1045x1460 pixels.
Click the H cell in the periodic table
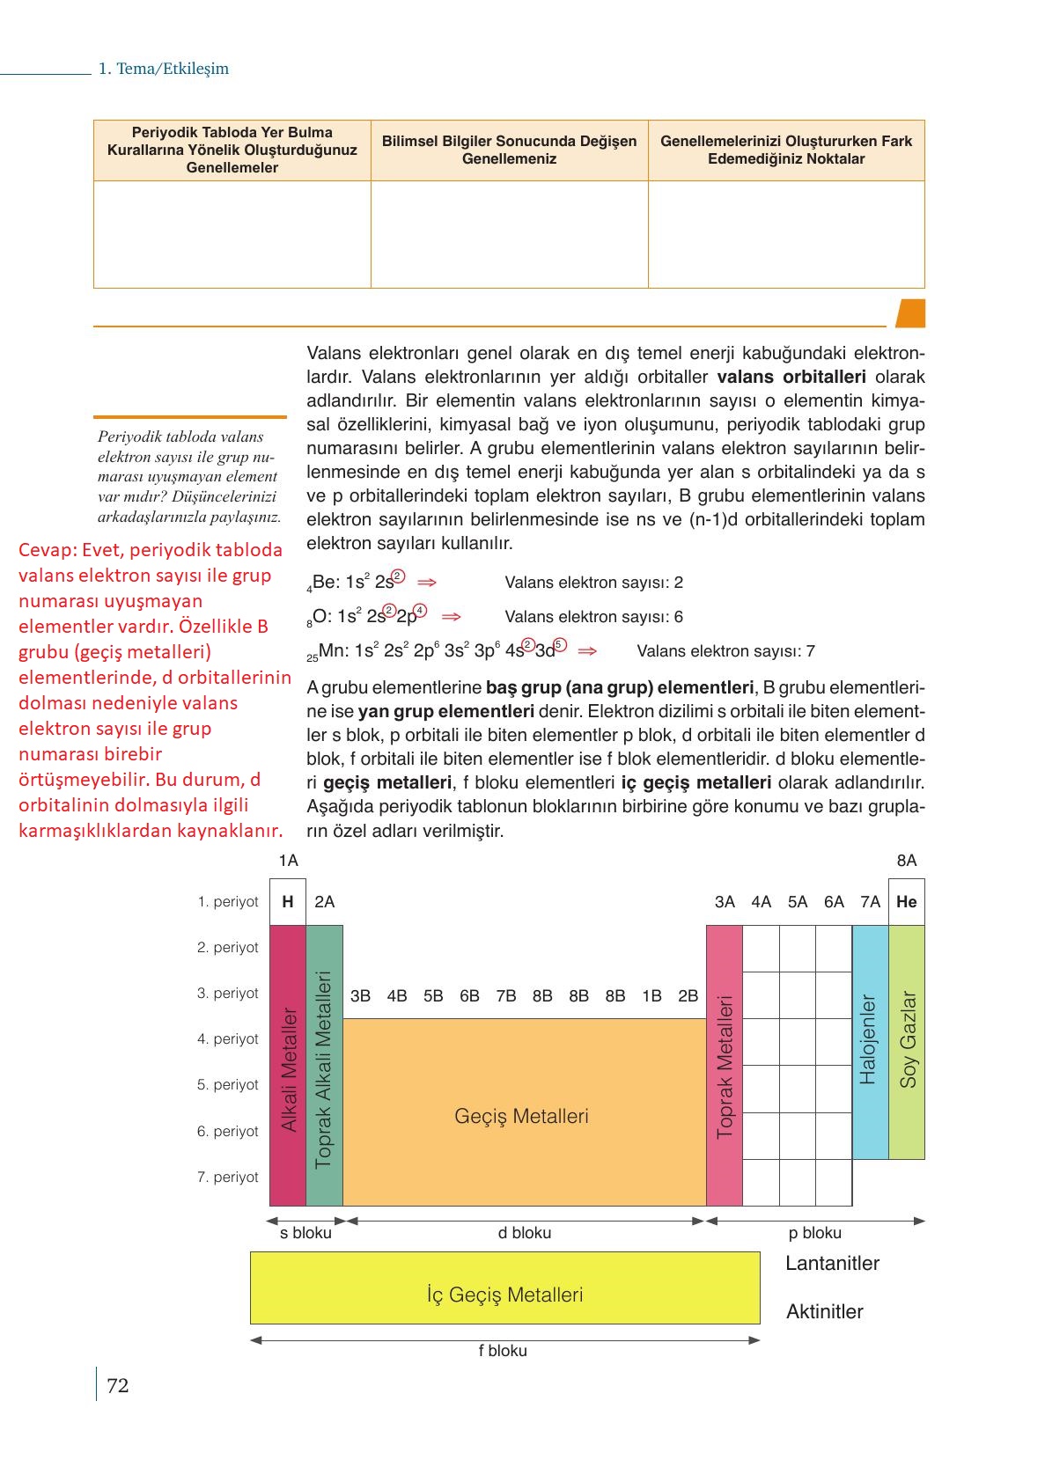pos(288,901)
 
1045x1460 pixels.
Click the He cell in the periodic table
pos(906,901)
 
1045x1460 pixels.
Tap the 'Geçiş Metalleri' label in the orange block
pos(521,1116)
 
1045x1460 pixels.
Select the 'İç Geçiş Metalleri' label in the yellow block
pos(504,1295)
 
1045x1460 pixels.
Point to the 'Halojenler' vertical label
pos(869,1039)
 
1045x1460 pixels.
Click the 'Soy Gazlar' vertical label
pos(908,1039)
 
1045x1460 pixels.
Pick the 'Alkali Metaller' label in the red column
pos(289,1070)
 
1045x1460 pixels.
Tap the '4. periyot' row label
pos(228,1038)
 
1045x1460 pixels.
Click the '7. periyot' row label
pos(228,1177)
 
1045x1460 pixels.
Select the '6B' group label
pos(469,995)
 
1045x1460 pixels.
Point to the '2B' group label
pos(688,995)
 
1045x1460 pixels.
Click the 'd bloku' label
pos(525,1233)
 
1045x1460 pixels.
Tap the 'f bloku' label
pos(503,1351)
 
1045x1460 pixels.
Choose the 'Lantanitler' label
pos(832,1263)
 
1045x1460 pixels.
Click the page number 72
pos(118,1386)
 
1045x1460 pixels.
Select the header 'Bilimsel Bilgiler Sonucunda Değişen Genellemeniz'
pos(509,150)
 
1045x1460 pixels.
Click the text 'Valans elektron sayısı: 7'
pos(725,651)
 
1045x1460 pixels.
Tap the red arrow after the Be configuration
pos(427,583)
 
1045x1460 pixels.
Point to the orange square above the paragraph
pos(910,313)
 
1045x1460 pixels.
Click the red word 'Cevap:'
pos(48,550)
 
